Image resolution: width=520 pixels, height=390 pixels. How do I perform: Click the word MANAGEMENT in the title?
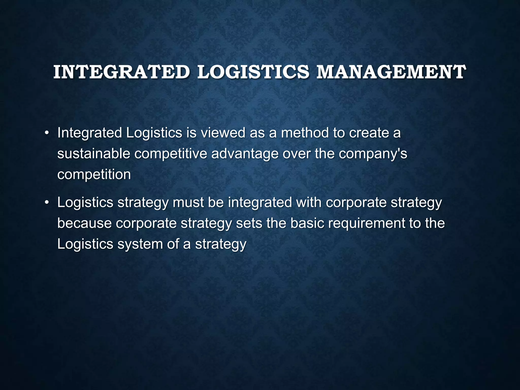[x=391, y=72]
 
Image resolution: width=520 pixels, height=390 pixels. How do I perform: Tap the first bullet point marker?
[x=46, y=133]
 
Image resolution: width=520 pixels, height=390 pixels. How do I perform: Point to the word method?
[x=305, y=133]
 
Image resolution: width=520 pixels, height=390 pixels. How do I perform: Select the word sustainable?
[x=94, y=154]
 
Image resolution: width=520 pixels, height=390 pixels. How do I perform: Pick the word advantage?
[x=245, y=154]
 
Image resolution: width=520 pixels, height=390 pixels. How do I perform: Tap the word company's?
[x=373, y=154]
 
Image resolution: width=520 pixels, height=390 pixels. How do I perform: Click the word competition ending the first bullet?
[x=94, y=175]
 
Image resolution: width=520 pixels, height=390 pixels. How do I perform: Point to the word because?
[x=84, y=223]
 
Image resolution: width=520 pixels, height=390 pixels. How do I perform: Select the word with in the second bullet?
[x=309, y=203]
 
